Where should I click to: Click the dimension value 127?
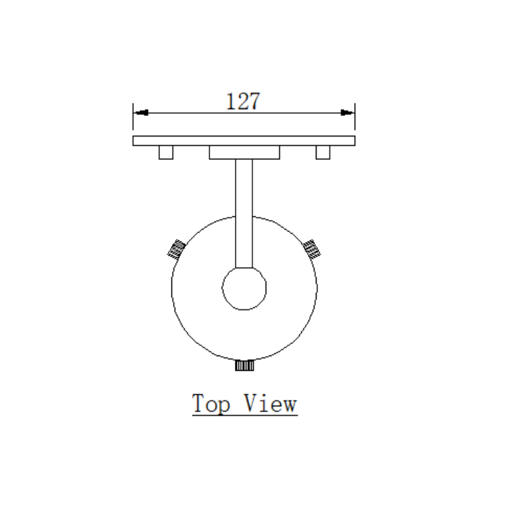243,101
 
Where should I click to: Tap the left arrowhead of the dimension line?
141,112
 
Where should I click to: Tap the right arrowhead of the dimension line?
347,112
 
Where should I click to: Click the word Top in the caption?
211,404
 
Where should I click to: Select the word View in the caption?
270,403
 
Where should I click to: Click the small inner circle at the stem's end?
244,288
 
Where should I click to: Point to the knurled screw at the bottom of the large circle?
244,365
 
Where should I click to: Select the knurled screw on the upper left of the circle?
176,250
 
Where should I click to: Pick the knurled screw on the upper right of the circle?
312,249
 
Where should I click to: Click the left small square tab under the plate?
166,153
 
